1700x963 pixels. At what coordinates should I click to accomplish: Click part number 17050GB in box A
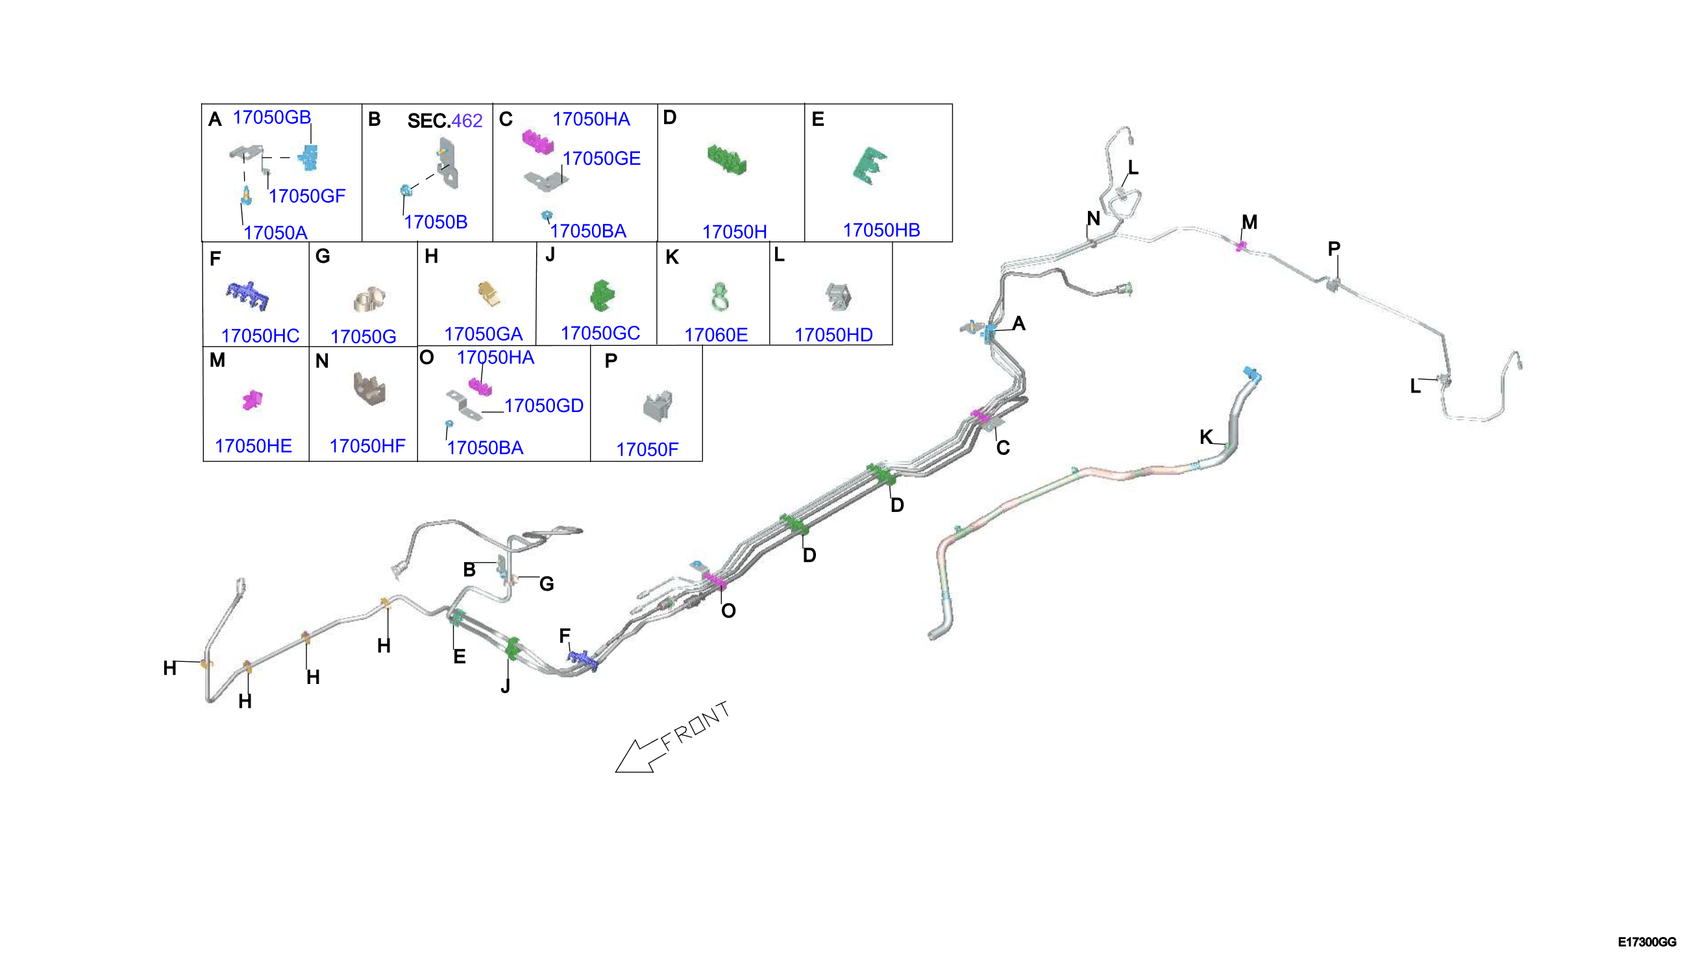coord(271,117)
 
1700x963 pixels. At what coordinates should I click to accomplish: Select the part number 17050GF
coord(307,196)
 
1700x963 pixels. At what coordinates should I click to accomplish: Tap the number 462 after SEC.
coord(467,121)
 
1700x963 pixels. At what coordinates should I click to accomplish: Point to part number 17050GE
coord(601,159)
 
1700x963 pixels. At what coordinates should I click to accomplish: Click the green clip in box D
coord(726,160)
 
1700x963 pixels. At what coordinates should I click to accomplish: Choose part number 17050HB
coord(881,230)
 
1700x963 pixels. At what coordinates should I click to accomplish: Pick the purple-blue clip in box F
coord(247,296)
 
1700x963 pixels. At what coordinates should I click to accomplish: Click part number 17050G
coord(363,337)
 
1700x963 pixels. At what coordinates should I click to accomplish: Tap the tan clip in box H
coord(489,293)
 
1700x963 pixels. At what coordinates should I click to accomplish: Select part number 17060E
coord(716,335)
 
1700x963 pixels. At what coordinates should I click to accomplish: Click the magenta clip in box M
coord(252,400)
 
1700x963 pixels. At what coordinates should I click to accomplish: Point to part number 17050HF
coord(367,446)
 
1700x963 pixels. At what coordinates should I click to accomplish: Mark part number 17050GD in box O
coord(544,406)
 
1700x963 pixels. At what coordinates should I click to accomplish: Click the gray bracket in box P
coord(658,405)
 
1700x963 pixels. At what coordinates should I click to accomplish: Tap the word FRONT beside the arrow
coord(695,725)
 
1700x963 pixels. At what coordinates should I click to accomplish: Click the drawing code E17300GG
coord(1647,942)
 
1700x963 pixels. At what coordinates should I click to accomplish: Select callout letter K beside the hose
coord(1206,437)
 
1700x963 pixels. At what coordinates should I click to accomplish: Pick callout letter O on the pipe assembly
coord(728,611)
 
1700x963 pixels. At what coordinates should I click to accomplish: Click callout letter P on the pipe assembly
coord(1333,249)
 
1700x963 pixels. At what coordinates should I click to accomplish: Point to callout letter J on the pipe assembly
coord(506,686)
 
